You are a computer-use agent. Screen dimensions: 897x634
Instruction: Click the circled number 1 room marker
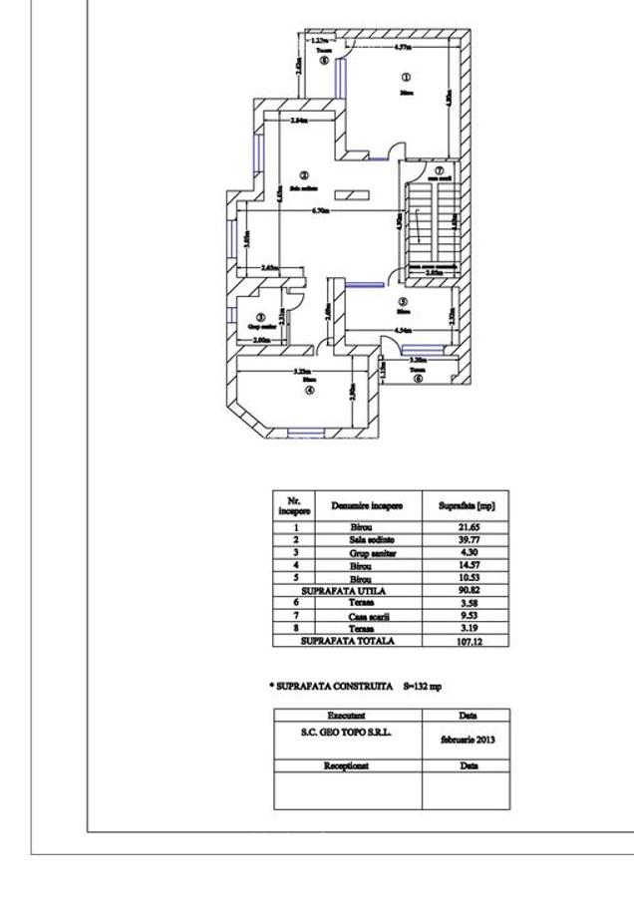tap(405, 77)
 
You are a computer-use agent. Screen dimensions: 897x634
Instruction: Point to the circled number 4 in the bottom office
tap(309, 390)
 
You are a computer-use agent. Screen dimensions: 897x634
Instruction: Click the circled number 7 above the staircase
tap(439, 170)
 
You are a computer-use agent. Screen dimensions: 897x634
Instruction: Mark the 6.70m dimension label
tap(320, 211)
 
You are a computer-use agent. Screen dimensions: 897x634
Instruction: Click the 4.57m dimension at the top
tap(404, 47)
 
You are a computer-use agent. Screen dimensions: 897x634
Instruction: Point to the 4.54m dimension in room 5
tap(404, 330)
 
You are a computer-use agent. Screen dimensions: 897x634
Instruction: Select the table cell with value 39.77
tap(466, 538)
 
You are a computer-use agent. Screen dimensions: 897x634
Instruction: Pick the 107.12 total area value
tap(466, 641)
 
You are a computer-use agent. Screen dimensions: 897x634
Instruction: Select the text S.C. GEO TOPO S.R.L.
tap(348, 731)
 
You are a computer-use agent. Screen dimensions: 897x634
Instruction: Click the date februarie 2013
tap(466, 741)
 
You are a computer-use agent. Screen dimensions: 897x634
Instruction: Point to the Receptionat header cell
tap(348, 765)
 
